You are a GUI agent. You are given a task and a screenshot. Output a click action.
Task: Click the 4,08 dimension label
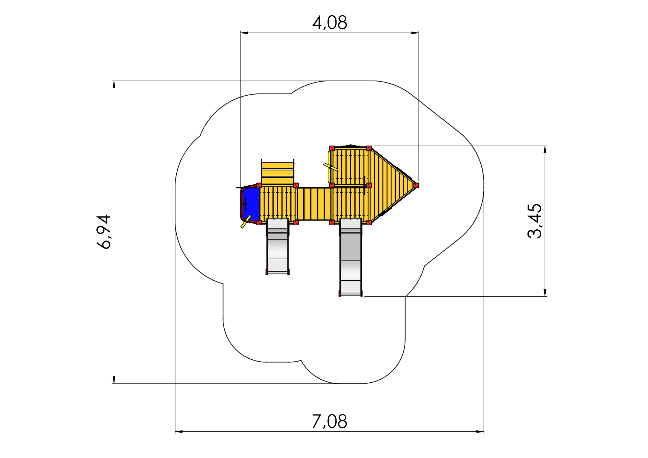tap(330, 23)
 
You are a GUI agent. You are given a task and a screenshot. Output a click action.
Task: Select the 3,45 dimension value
tap(535, 221)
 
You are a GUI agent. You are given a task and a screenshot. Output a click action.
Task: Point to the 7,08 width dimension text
tap(330, 421)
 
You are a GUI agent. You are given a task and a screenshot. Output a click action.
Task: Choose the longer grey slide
tap(351, 257)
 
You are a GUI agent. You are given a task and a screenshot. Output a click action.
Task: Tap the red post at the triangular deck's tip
tap(416, 185)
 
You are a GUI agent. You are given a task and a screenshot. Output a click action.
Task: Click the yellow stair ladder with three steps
tap(277, 173)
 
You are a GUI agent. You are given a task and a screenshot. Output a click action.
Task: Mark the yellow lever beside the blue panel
tap(246, 221)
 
